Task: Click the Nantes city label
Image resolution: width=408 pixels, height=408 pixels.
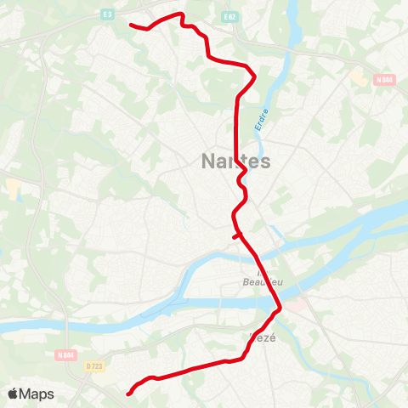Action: point(236,161)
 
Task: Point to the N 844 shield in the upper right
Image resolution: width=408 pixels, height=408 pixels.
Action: point(383,80)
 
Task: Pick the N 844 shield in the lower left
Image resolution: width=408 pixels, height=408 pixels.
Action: point(67,354)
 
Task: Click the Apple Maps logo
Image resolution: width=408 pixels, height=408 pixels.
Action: point(31,394)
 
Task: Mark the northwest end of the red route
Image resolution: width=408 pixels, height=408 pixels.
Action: point(130,25)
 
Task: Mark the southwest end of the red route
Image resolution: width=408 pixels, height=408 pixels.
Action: point(128,394)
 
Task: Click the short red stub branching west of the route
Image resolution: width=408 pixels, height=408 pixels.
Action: point(235,238)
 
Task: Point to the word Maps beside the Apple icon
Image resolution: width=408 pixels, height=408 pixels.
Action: point(37,394)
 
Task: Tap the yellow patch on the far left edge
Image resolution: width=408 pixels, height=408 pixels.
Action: point(12,186)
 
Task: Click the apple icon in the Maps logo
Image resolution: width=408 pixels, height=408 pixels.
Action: point(13,394)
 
